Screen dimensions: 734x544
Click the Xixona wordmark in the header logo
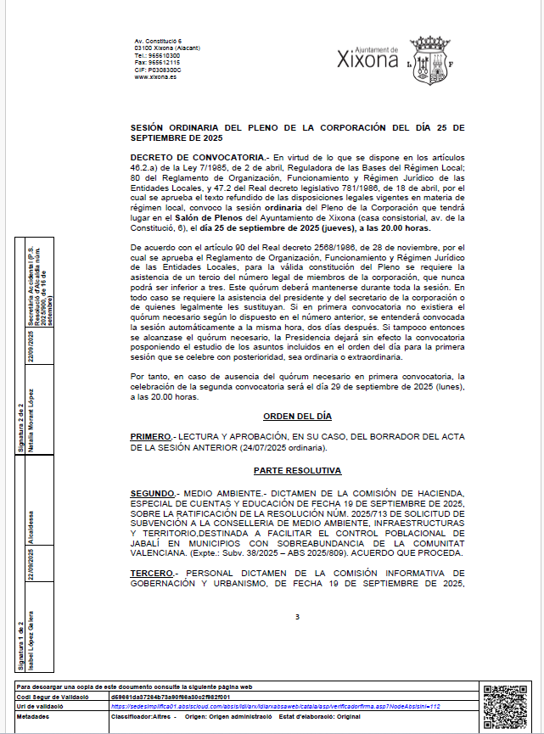(367, 60)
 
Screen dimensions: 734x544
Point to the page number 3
(297, 617)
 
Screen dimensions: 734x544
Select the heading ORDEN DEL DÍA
(297, 417)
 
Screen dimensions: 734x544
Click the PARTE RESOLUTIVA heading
(297, 470)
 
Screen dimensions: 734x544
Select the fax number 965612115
(164, 62)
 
